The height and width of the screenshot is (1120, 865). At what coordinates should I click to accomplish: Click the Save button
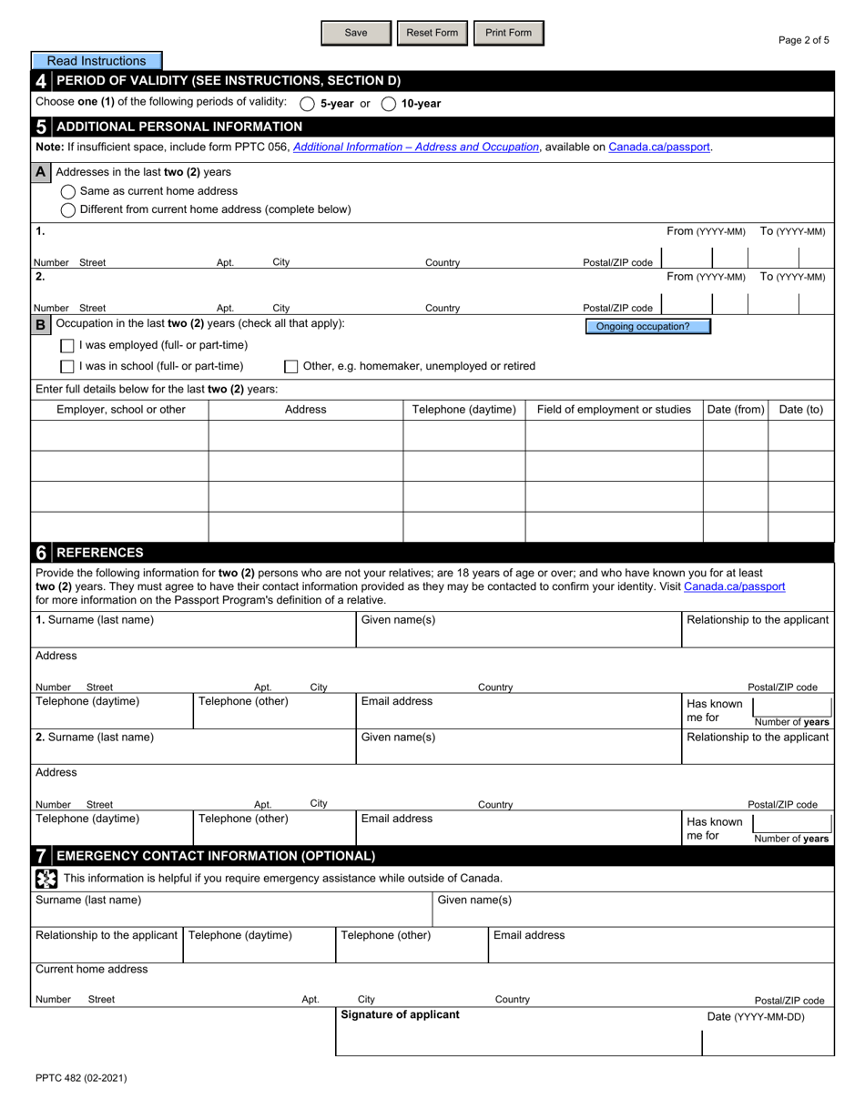356,33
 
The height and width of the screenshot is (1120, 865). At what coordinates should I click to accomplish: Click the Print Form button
508,33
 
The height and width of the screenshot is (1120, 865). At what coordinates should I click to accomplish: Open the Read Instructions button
97,61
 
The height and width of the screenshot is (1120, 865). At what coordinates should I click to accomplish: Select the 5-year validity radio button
308,104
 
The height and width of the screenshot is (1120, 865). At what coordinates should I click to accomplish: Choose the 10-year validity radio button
389,104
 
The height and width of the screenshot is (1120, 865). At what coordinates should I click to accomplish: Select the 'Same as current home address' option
68,191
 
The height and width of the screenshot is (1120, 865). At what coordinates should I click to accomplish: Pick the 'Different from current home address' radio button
68,209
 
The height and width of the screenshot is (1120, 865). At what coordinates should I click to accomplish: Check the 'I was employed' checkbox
67,345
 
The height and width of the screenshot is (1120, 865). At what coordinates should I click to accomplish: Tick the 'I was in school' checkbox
67,366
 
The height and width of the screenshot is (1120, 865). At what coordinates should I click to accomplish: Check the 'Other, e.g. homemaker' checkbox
291,366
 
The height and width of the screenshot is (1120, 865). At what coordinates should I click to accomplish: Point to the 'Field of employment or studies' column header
614,410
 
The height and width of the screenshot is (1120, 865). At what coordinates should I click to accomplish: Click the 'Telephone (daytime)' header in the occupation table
464,410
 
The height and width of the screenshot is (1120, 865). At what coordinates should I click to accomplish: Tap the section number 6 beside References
42,553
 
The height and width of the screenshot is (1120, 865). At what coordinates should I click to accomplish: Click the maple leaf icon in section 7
46,878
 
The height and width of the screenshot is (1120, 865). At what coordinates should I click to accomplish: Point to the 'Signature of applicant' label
400,1014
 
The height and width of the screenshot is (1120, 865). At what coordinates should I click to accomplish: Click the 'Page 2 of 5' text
803,40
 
